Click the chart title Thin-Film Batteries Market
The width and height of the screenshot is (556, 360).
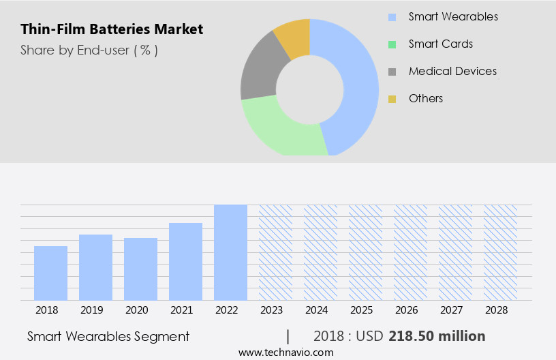pos(112,29)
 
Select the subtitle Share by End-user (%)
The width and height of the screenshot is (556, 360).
pos(89,50)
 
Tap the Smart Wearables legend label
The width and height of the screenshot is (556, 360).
pos(453,16)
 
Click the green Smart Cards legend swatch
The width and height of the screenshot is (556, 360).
pos(392,44)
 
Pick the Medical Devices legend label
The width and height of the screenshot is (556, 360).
pos(452,71)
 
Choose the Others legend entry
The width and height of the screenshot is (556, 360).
pos(425,98)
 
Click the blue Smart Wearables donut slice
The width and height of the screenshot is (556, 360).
pos(358,82)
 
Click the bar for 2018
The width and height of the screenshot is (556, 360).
pos(50,273)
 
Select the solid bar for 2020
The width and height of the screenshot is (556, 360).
pos(140,269)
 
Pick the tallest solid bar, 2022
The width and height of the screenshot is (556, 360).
pos(230,252)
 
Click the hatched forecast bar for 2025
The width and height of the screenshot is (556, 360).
pos(365,252)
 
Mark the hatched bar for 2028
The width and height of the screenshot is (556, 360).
pos(500,252)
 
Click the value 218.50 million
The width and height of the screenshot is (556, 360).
pos(437,336)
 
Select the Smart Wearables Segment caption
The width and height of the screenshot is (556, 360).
pos(108,336)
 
